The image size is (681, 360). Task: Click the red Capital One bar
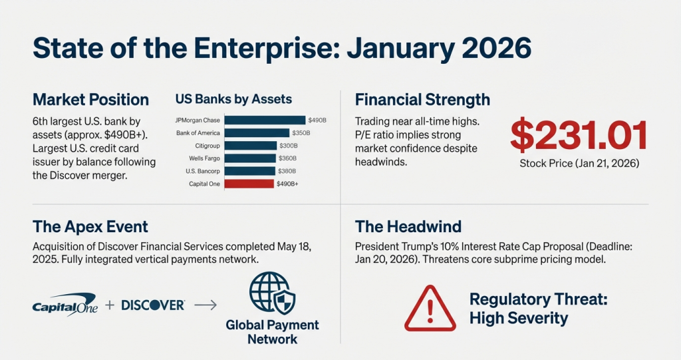pos(249,184)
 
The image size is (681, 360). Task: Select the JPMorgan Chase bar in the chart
pos(265,120)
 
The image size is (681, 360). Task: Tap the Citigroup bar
pos(251,146)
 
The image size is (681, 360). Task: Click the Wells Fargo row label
pos(205,158)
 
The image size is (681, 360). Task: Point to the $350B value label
pos(301,133)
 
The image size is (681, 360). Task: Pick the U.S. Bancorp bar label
pos(203,171)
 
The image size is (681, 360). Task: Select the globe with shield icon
pos(272,293)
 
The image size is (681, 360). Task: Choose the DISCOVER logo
pos(153,305)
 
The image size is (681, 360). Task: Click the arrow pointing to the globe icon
pos(205,305)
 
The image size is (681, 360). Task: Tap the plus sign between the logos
pos(110,305)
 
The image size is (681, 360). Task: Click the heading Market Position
pos(90,100)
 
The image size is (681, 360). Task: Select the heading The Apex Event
pos(90,226)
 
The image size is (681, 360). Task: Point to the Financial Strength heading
pos(422,100)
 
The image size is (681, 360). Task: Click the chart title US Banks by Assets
pos(233,99)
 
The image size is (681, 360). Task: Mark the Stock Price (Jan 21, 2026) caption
pos(579,164)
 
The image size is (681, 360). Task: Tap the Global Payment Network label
pos(272,332)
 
